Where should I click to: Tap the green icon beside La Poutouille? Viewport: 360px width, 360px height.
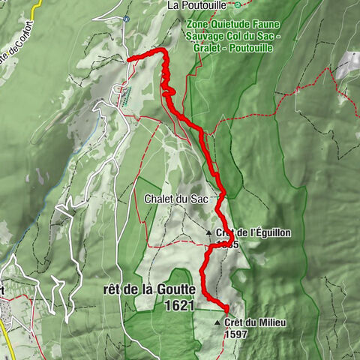238,4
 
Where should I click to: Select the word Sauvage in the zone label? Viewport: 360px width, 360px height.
204,36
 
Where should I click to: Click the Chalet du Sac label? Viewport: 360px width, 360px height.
171,199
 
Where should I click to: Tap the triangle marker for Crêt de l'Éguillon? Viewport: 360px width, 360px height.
209,232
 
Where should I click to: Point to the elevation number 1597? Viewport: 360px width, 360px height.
235,334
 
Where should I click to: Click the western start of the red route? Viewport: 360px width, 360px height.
129,58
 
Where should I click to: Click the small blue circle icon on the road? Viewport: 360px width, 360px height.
126,18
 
